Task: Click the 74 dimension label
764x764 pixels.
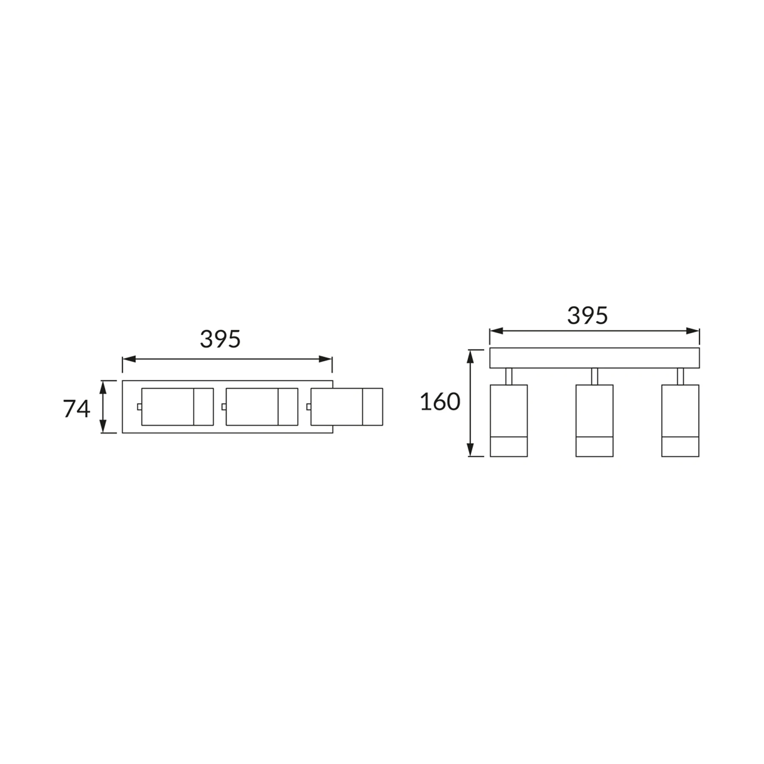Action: point(77,409)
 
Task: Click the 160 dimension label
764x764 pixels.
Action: point(440,402)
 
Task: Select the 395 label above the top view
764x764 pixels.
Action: point(220,339)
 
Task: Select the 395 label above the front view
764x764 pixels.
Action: point(587,316)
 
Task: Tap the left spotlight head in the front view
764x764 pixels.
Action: point(508,421)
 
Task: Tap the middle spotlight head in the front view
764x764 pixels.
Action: point(594,421)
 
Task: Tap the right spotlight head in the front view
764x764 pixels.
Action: point(680,421)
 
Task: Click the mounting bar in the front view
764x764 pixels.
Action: point(594,358)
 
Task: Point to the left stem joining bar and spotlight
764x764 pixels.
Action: point(508,376)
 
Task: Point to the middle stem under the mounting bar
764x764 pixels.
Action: point(594,376)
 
